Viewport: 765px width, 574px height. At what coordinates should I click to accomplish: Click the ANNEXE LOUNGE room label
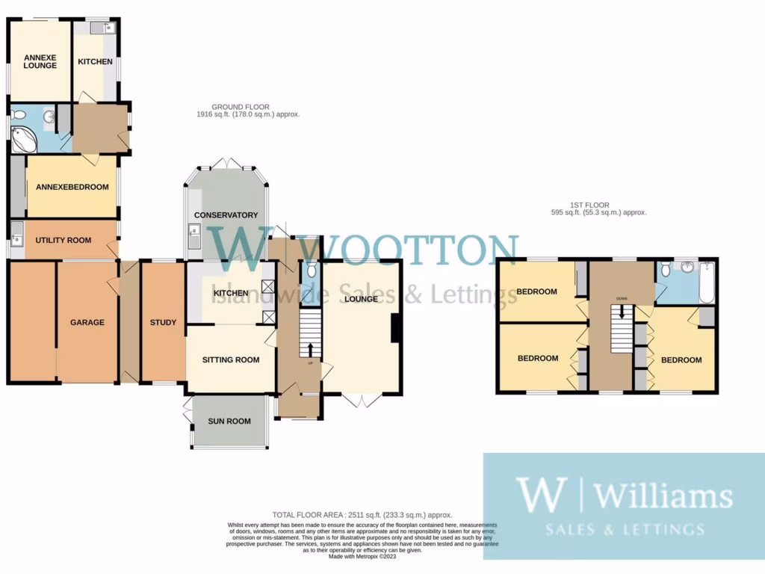pos(40,61)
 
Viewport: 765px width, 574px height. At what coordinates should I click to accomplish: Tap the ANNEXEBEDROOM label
pos(72,187)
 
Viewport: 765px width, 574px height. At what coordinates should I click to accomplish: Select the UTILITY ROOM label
pos(64,241)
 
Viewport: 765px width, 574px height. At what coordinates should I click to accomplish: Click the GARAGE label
pos(87,323)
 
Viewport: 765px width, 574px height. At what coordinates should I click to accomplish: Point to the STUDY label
pos(163,323)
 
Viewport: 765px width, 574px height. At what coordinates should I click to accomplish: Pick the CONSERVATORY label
pos(226,215)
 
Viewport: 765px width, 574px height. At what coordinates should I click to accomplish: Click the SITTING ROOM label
pos(231,360)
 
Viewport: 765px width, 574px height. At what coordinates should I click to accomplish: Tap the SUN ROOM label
pos(229,422)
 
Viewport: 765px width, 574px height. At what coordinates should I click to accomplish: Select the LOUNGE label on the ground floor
pos(362,299)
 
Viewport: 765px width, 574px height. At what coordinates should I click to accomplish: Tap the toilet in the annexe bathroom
pos(19,115)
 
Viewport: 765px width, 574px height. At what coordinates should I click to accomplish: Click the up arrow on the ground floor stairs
pos(311,349)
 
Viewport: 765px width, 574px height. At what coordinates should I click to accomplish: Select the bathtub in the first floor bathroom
pos(707,283)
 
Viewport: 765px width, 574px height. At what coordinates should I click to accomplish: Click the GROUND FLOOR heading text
pos(241,107)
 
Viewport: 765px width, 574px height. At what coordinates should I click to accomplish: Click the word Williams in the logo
pos(663,496)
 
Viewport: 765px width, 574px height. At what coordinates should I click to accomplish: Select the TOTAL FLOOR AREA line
pos(362,515)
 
